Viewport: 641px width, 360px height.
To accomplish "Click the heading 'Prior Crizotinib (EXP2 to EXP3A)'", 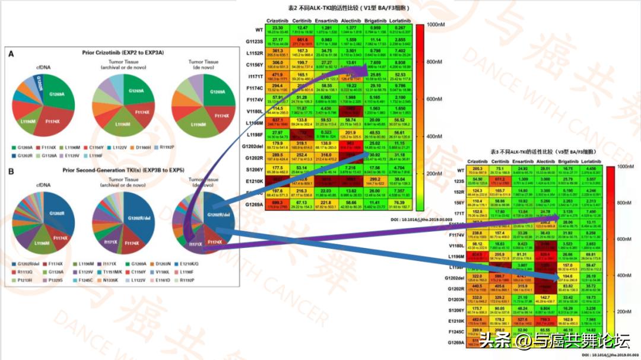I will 124,53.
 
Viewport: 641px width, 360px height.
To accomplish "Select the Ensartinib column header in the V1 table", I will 323,20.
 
